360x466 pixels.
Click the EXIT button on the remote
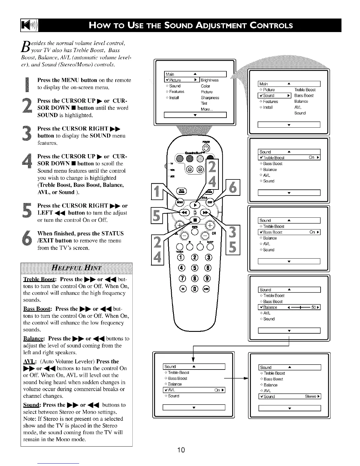tap(210, 202)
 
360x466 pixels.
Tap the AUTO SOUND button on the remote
tap(179, 191)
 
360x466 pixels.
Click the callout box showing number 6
tap(233, 187)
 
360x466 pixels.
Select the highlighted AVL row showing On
tap(194, 390)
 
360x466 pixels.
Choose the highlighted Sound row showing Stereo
tap(290, 397)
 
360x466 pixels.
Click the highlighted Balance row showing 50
tap(289, 307)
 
